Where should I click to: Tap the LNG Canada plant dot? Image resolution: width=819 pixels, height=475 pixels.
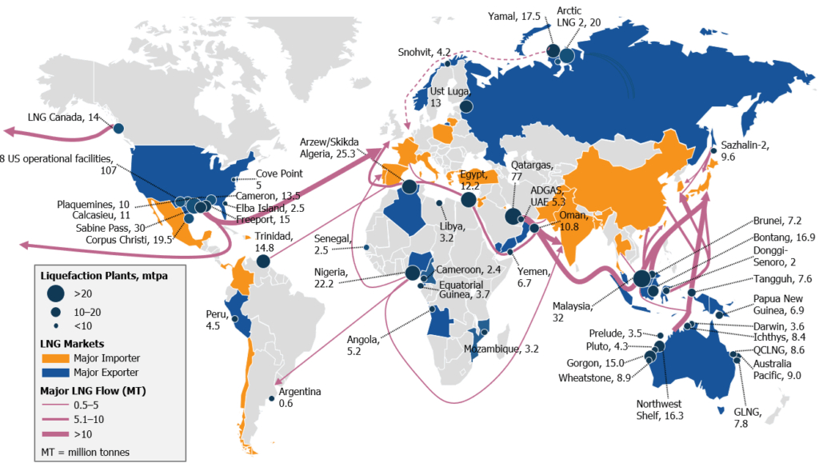click(119, 129)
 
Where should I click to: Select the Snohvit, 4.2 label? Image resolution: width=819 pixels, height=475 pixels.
click(425, 52)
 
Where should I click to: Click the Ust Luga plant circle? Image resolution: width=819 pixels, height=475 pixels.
click(466, 106)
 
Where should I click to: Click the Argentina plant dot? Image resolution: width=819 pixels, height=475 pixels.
click(272, 398)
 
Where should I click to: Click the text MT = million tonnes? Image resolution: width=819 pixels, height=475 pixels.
click(85, 452)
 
